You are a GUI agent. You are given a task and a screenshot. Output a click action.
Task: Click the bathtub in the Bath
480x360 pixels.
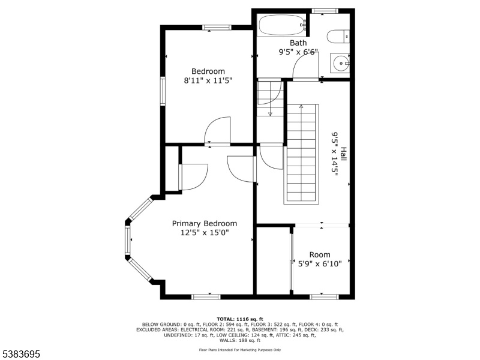282,25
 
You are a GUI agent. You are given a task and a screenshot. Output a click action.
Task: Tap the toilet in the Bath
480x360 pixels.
338,37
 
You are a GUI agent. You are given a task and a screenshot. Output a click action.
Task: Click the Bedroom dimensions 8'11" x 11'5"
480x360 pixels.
208,81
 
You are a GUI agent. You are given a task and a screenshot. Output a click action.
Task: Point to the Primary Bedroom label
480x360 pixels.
205,224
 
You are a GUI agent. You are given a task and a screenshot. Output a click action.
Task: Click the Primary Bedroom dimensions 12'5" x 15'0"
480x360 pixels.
205,233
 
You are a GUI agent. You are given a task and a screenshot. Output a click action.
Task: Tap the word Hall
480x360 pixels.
343,155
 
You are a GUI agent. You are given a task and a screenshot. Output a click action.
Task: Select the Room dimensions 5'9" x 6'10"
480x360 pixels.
320,263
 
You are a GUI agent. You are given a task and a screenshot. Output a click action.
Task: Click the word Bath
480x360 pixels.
298,43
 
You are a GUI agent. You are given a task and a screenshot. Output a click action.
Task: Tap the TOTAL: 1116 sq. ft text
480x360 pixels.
240,319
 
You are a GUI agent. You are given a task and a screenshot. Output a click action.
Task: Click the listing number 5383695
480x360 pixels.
20,354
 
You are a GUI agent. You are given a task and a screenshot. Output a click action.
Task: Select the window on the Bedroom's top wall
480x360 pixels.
217,28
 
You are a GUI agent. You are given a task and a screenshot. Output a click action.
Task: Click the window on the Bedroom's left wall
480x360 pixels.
163,91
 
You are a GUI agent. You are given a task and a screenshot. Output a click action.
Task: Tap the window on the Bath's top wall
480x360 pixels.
325,11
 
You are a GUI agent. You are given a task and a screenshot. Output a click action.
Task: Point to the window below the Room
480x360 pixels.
324,297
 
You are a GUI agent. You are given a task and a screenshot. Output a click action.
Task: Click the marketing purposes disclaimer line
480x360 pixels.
240,350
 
